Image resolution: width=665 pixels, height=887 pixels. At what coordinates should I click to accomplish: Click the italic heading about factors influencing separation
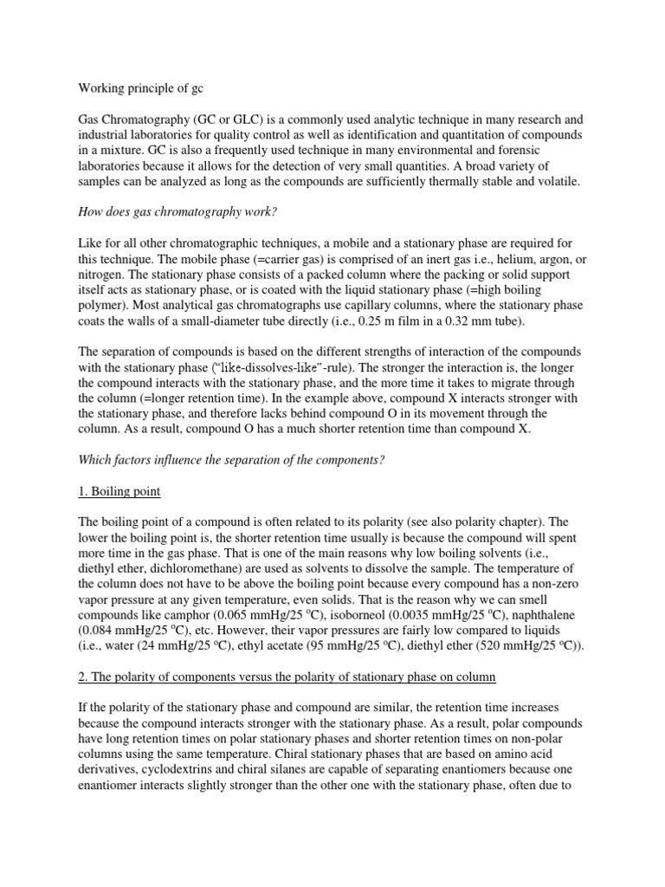231,459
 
